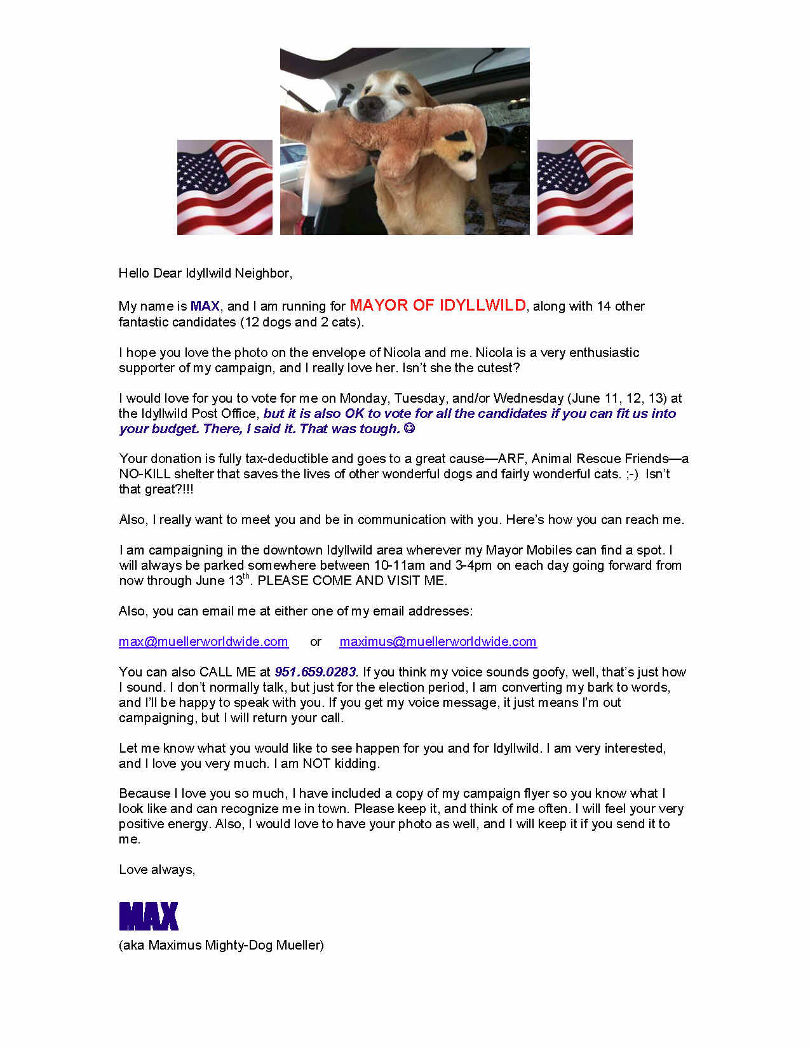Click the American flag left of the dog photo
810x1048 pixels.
pos(224,187)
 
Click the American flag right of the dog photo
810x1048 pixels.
pos(584,187)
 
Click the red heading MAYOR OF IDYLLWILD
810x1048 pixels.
pos(438,306)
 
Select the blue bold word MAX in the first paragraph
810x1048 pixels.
pos(205,306)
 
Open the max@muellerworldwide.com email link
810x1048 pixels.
pos(203,642)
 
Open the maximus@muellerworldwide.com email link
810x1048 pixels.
pos(438,642)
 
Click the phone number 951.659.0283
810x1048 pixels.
pos(315,672)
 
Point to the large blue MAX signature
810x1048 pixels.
pos(149,916)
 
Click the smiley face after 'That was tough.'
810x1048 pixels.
pos(409,428)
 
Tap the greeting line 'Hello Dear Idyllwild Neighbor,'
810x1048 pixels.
pos(205,273)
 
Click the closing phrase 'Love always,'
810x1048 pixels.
pos(157,870)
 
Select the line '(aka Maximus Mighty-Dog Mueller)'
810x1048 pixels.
pos(221,945)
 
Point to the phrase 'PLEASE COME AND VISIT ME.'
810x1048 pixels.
pos(352,581)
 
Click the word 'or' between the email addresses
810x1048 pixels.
pos(316,642)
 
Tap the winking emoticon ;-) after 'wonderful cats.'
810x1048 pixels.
pos(631,474)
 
